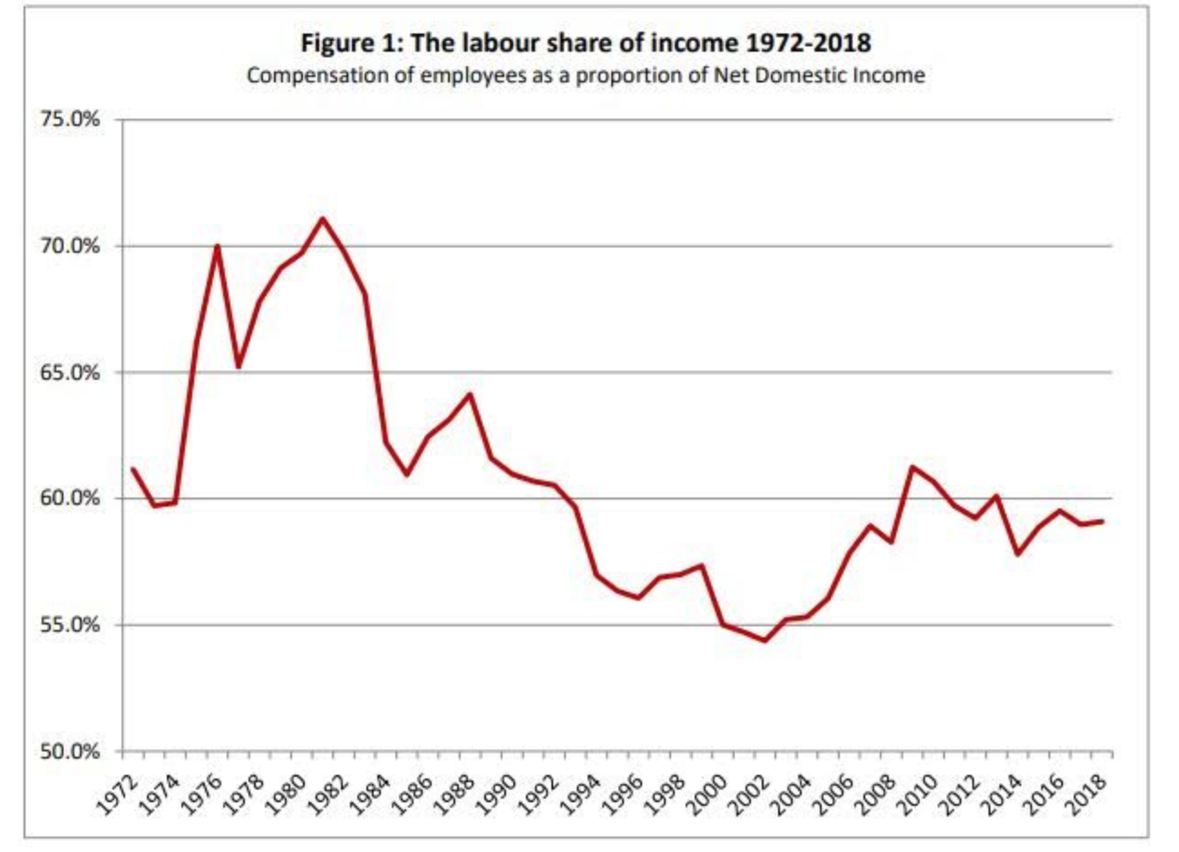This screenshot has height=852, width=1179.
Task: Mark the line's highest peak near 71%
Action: click(x=322, y=218)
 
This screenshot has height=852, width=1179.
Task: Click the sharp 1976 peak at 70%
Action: click(x=217, y=246)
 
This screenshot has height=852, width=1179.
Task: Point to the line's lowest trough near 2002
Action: click(x=764, y=641)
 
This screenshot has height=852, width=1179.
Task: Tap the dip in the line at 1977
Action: click(x=238, y=366)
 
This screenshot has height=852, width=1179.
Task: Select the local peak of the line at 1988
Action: click(x=469, y=394)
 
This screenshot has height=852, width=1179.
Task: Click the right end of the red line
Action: click(x=1102, y=521)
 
